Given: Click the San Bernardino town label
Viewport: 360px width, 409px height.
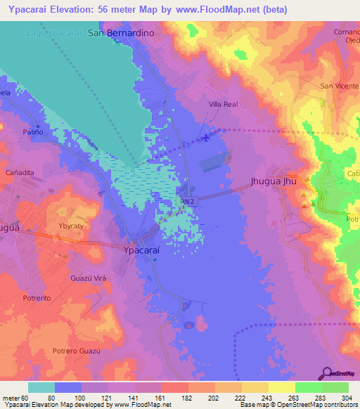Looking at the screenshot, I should pos(120,33).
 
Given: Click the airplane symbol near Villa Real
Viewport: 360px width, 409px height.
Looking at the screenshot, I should pos(205,137).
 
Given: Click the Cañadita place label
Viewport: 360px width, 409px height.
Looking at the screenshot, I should pos(20,172).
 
